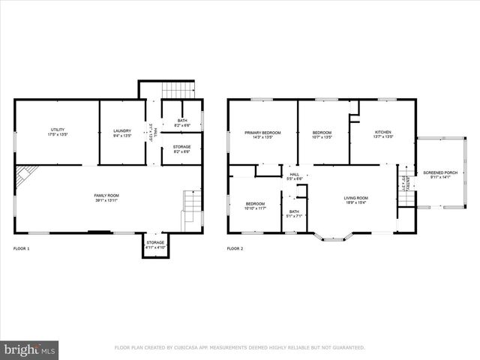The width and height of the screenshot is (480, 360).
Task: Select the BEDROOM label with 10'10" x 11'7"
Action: pos(256,205)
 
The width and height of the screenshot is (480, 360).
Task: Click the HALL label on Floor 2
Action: pos(295,176)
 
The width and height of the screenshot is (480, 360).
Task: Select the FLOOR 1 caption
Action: pos(22,248)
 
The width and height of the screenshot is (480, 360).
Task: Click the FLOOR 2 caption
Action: pos(235,248)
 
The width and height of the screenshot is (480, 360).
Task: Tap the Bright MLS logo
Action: pos(30,349)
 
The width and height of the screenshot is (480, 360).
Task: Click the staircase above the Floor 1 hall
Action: pos(178,90)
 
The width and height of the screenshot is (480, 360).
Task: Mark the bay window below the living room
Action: pos(334,237)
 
